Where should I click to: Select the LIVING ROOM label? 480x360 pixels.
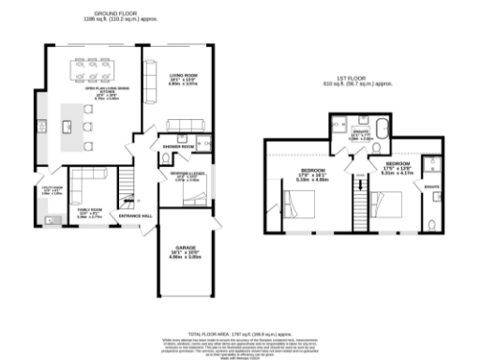point(183,76)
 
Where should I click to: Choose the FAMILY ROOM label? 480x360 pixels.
point(89,212)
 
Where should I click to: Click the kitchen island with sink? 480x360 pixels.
point(68,120)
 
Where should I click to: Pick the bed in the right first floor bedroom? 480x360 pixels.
point(387,205)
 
